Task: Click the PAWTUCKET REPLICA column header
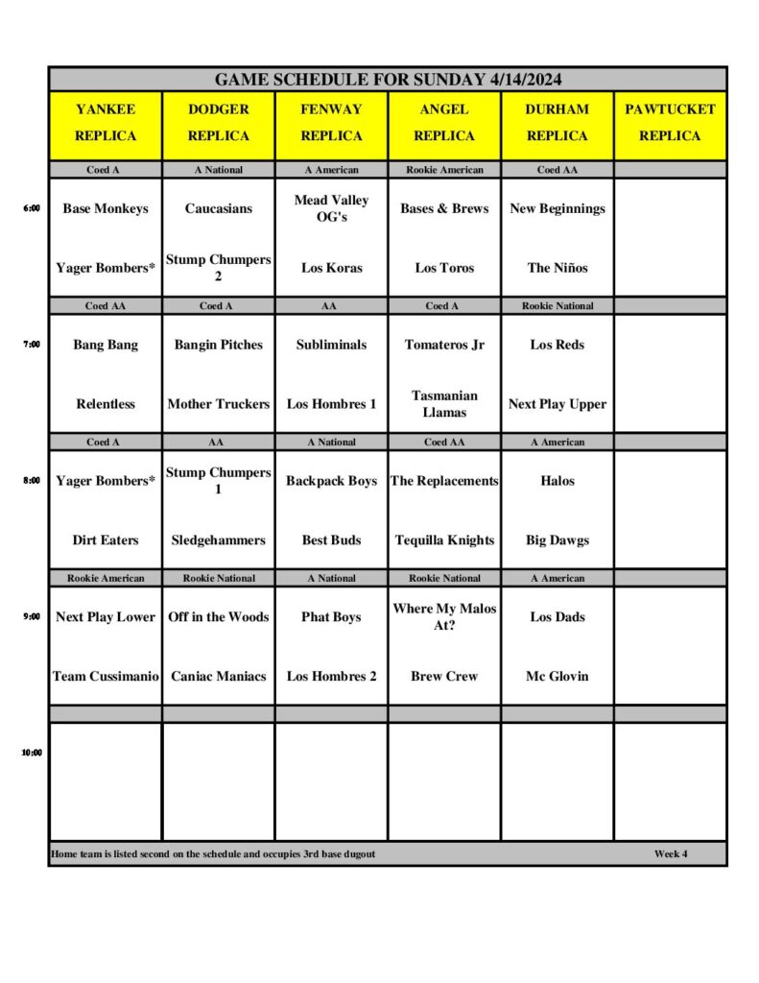tap(670, 123)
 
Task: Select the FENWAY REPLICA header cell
tap(331, 123)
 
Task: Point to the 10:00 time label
tap(32, 753)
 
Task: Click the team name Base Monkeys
tap(106, 208)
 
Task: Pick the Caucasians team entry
tap(219, 208)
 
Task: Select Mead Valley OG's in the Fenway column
tap(331, 208)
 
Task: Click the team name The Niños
tap(557, 268)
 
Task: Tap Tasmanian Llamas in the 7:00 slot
tap(444, 404)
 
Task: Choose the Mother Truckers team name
tap(219, 404)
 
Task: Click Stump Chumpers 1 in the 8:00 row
tap(219, 480)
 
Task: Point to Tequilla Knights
tap(444, 540)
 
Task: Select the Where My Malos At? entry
tap(444, 616)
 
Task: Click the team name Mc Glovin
tap(557, 676)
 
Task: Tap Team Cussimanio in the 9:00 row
tap(106, 676)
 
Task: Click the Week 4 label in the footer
tap(671, 853)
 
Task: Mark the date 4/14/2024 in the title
tap(522, 80)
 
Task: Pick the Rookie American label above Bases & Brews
tap(444, 170)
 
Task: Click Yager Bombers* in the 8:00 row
tap(106, 481)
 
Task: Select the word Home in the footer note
tap(63, 853)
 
